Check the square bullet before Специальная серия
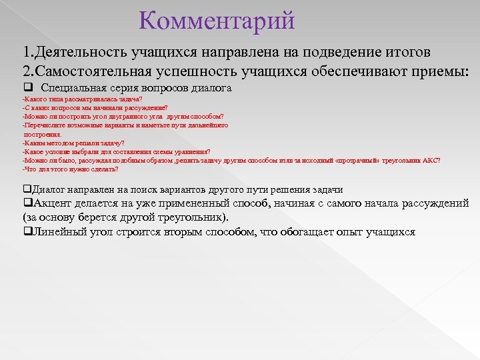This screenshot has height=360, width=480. click(27, 88)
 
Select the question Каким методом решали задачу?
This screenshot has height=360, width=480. click(73, 143)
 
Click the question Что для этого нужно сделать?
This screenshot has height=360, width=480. click(70, 169)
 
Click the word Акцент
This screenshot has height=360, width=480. click(54, 203)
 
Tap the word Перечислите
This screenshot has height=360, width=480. click(44, 125)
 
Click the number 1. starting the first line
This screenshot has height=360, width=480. click(28, 52)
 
